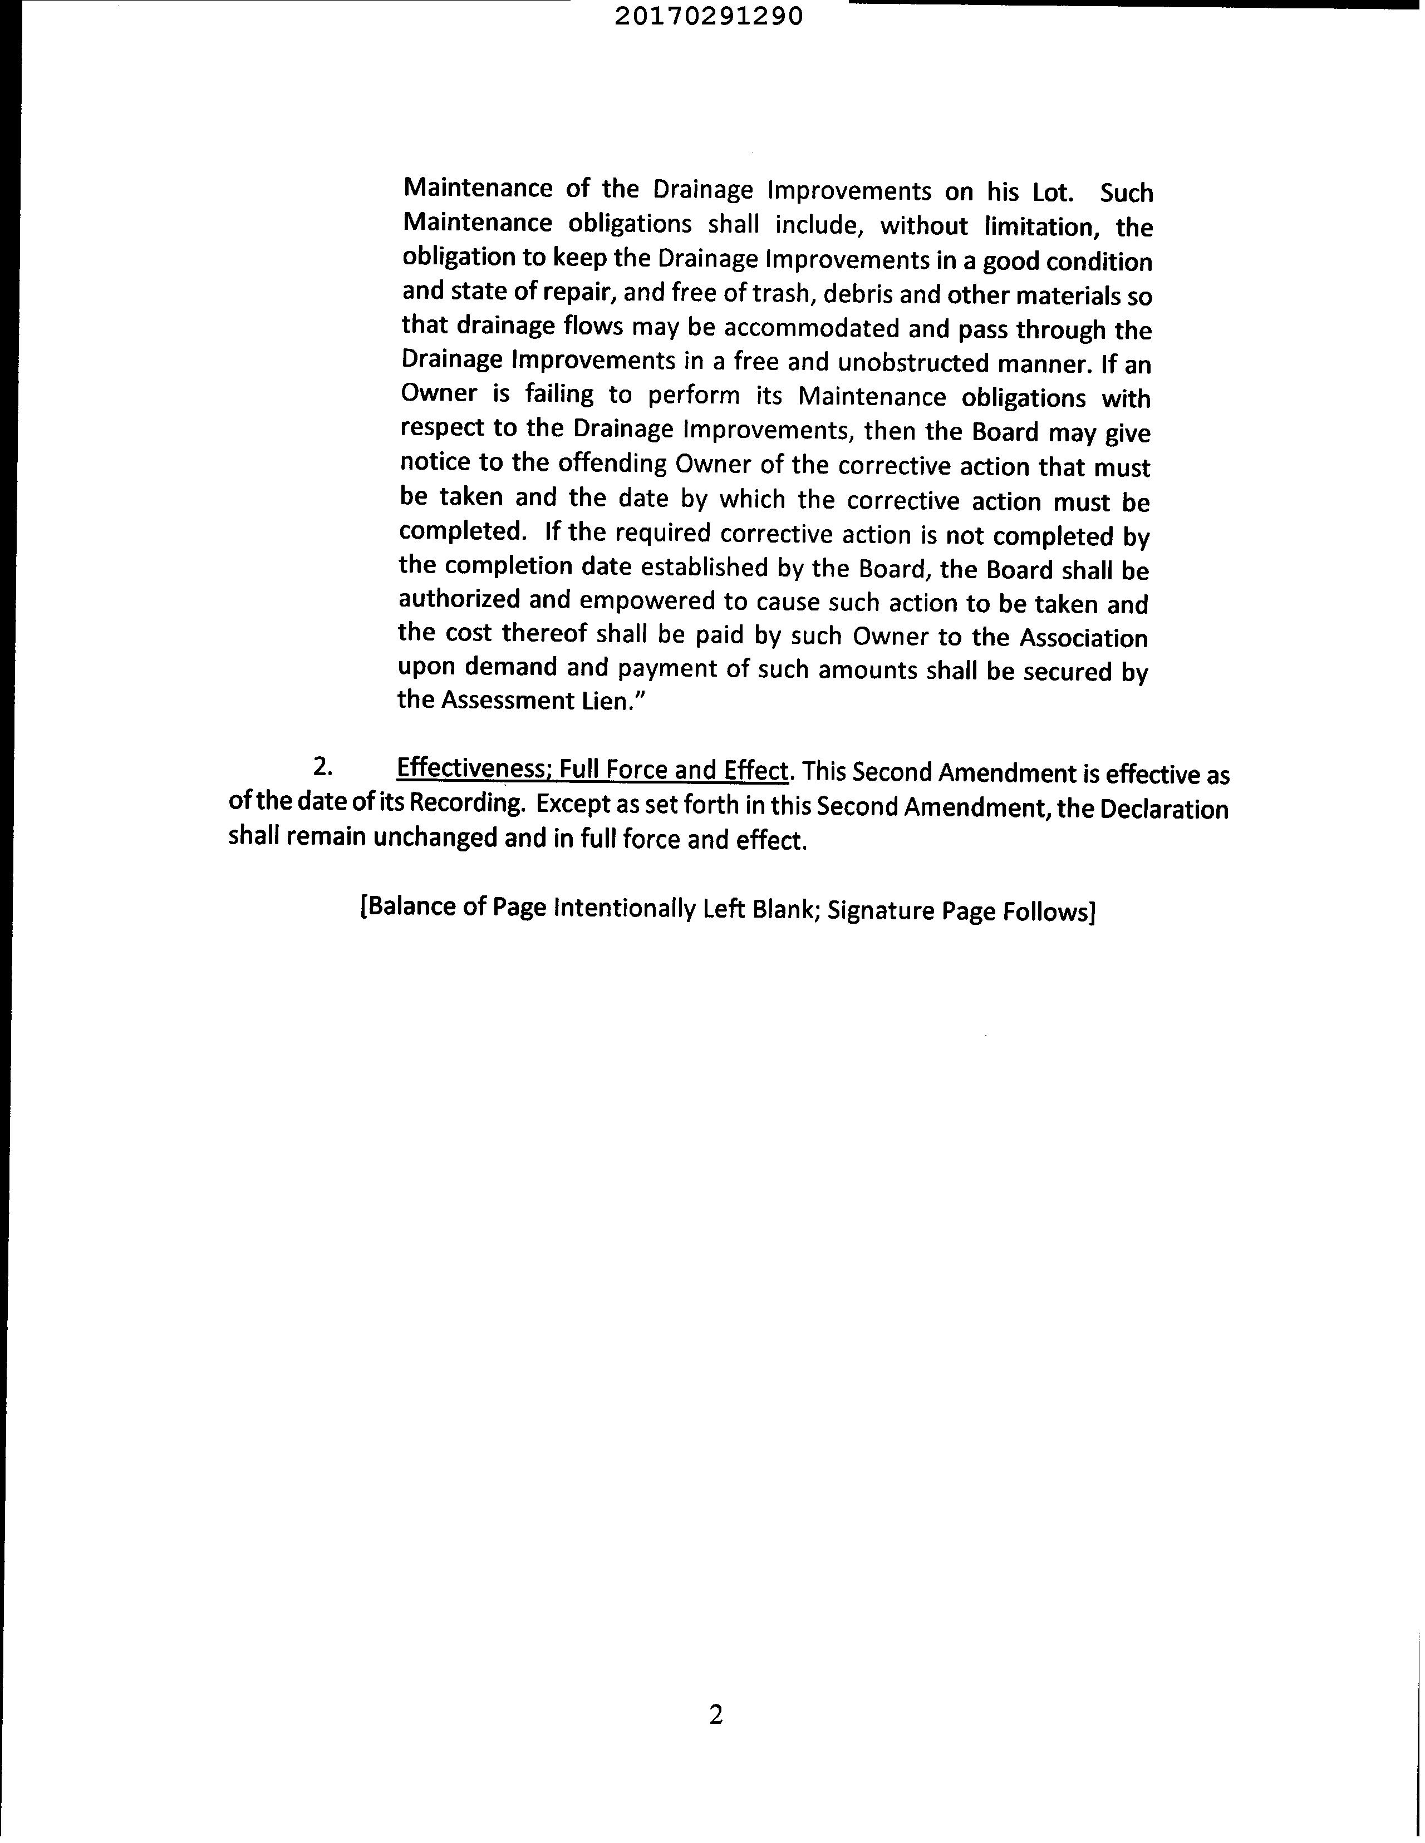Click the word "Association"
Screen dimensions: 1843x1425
[x=1084, y=638]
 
